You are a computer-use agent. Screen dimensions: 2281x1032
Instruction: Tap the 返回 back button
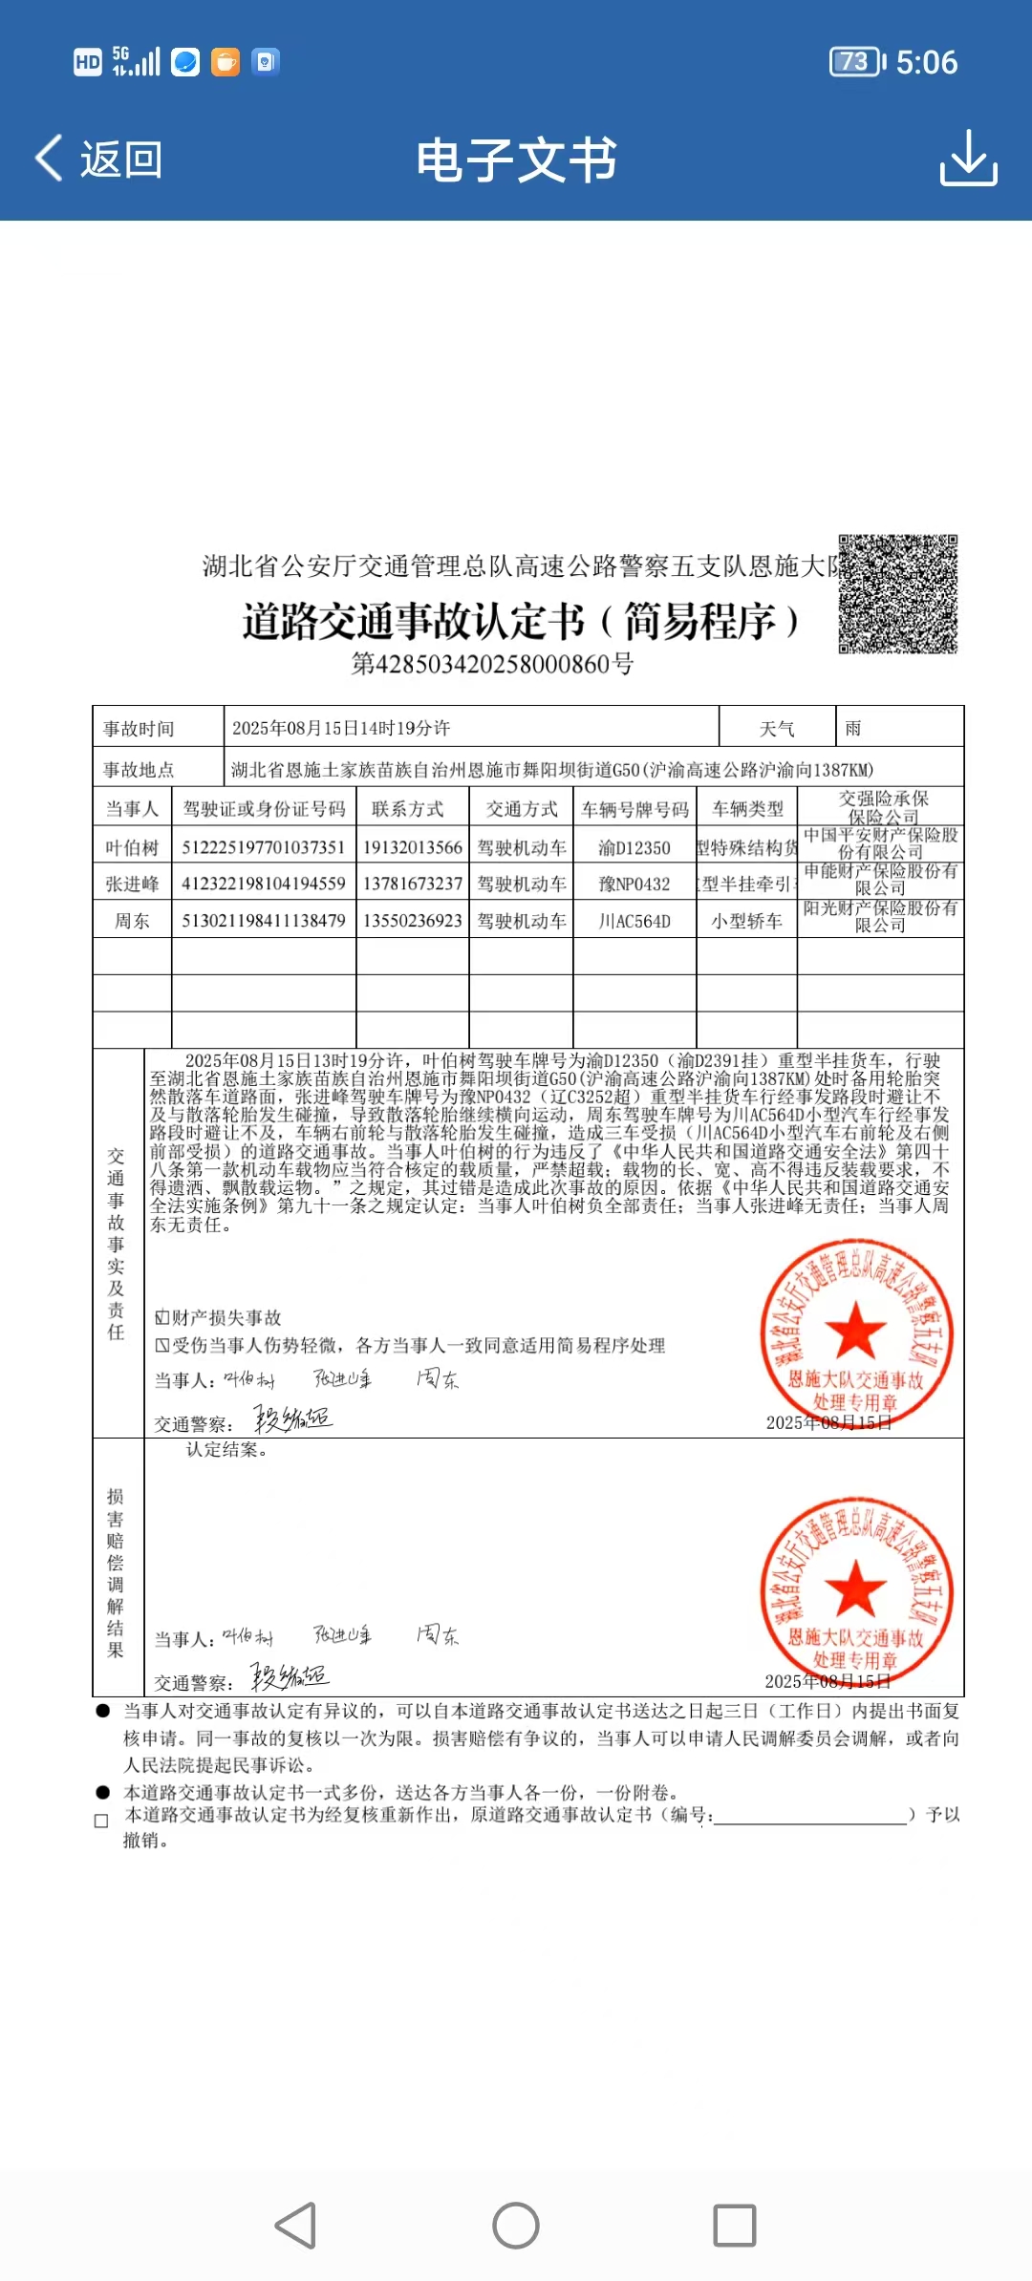pos(99,159)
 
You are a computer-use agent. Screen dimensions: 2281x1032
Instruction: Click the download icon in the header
pos(968,159)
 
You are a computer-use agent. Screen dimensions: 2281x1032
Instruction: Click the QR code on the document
pos(898,594)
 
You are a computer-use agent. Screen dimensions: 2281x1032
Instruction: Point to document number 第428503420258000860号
pos(492,664)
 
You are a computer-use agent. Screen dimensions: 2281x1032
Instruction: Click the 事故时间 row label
pos(140,729)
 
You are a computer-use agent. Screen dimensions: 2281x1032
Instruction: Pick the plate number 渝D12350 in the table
pos(634,848)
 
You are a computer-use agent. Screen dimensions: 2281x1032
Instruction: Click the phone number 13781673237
pos(413,885)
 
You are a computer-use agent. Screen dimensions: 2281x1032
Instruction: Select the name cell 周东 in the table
pos(132,922)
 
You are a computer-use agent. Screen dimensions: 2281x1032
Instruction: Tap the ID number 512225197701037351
pos(264,848)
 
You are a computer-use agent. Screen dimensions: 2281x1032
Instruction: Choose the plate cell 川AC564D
pos(634,922)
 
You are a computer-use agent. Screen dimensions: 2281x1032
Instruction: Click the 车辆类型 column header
pos(747,810)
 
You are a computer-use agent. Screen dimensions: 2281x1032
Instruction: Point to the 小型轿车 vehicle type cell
pos(747,922)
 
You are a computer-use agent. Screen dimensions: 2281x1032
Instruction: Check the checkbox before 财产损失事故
pos(162,1318)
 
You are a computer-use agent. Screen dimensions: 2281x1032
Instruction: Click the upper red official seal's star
pos(855,1330)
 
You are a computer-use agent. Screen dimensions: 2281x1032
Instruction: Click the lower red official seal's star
pos(855,1588)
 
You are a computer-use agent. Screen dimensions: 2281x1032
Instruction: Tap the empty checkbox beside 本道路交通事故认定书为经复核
pos(101,1821)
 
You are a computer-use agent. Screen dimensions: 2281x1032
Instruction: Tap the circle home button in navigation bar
pos(516,2226)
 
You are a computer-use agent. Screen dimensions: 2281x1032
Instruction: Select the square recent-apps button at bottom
pos(735,2226)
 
